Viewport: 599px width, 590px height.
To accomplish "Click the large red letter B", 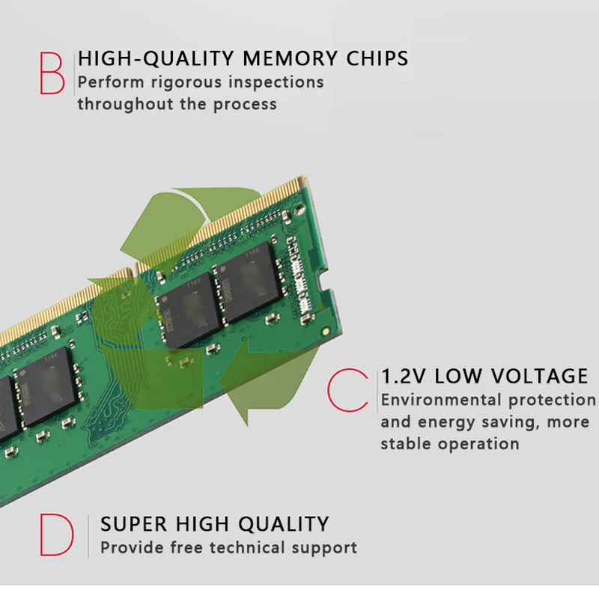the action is pos(52,72).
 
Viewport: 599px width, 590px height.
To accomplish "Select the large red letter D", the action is pos(57,535).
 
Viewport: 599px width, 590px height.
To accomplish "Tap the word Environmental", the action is pos(441,400).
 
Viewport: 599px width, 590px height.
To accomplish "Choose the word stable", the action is pos(405,443).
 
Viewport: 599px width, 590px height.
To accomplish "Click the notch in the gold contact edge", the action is pos(135,264).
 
